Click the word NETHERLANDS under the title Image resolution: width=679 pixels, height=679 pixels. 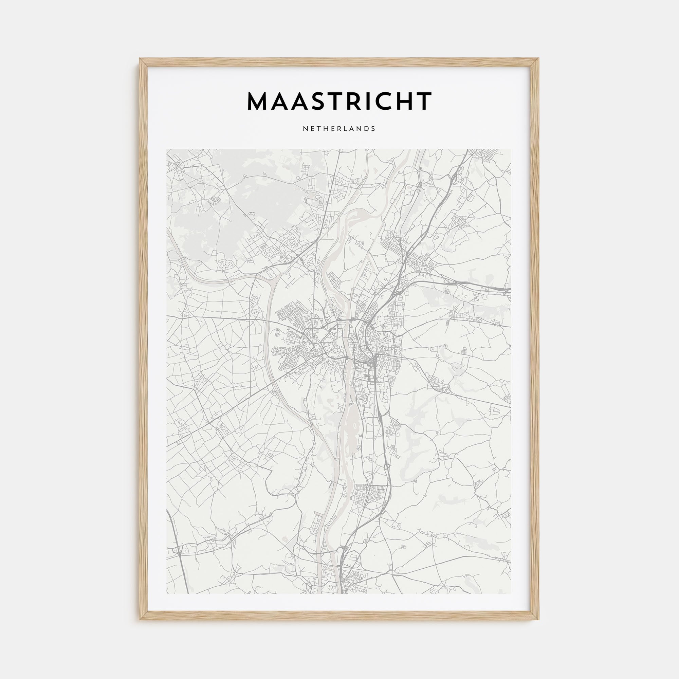pos(339,129)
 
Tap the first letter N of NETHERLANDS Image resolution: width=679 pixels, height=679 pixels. pos(305,129)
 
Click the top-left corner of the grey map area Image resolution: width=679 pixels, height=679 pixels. pos(167,150)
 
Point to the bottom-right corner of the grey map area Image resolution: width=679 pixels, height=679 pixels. pos(511,593)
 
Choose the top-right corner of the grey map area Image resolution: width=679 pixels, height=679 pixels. pos(511,150)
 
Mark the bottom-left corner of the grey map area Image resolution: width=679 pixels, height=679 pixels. pos(167,593)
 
